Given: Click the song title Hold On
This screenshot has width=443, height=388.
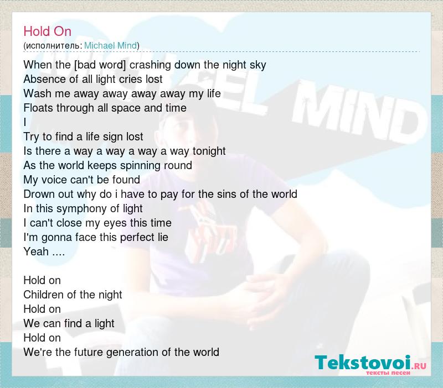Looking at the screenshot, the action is click(x=48, y=31).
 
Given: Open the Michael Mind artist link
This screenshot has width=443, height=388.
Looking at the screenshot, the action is click(x=110, y=45).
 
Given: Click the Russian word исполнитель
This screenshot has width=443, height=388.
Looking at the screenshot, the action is click(x=53, y=46).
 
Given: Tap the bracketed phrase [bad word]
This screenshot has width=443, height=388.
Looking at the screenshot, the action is click(x=100, y=65).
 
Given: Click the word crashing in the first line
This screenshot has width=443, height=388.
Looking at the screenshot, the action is click(x=150, y=65).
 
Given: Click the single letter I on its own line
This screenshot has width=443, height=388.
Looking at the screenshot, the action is click(x=25, y=122).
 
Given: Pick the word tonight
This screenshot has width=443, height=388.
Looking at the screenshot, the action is click(x=209, y=151).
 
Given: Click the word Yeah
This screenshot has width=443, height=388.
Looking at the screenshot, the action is click(x=36, y=251).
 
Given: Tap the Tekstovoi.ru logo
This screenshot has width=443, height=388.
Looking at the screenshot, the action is click(x=370, y=364).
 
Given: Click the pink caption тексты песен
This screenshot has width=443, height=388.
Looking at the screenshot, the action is click(x=388, y=373).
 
